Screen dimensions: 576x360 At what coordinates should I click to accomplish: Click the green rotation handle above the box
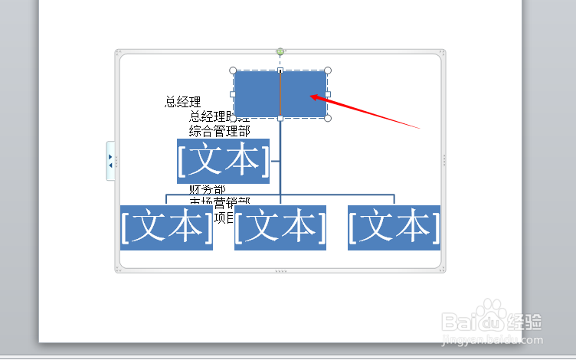click(280, 52)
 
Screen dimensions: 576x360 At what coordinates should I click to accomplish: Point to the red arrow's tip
click(312, 97)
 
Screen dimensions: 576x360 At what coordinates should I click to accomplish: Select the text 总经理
click(183, 102)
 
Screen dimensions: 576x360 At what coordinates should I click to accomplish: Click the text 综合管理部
click(219, 131)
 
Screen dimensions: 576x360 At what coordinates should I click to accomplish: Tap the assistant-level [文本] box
click(223, 161)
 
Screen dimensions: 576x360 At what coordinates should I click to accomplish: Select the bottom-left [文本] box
click(166, 227)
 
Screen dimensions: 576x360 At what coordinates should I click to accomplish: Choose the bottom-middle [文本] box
click(280, 227)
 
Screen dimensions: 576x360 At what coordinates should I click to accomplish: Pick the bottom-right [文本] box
click(394, 227)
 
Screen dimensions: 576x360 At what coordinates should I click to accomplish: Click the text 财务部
click(208, 190)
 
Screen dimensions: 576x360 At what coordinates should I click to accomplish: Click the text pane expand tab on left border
click(110, 161)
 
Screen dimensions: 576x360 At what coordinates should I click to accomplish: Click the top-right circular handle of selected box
click(328, 70)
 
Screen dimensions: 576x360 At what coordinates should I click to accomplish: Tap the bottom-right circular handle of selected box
click(328, 118)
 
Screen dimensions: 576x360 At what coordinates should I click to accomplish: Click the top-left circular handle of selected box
click(233, 70)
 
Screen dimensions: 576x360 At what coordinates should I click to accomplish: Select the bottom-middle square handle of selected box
click(280, 118)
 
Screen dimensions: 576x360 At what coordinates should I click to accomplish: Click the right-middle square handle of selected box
click(328, 94)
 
